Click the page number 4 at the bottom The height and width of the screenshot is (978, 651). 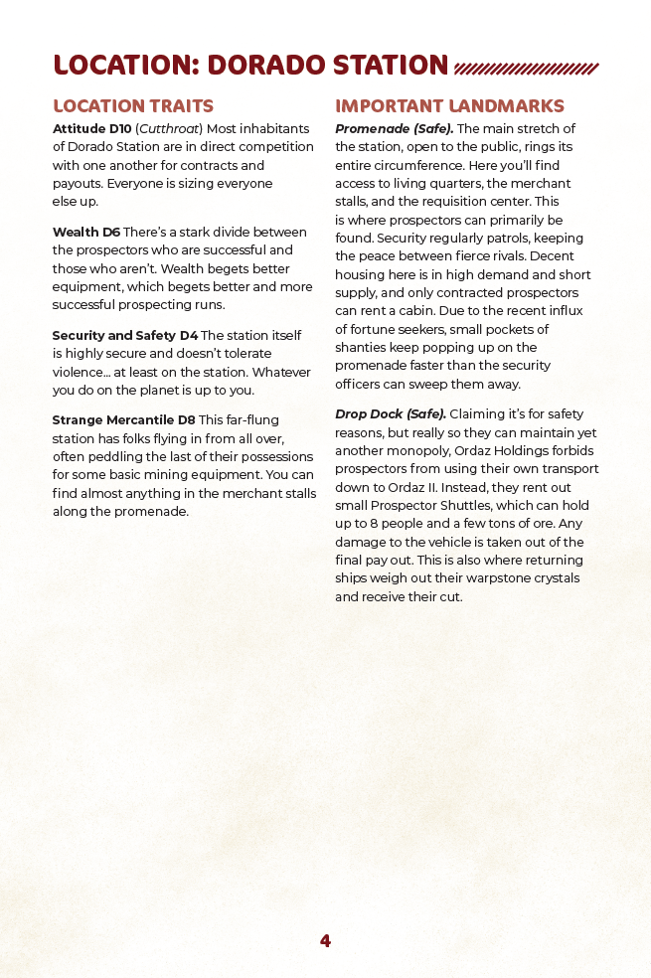coord(325,941)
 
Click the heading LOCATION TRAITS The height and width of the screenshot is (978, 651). coord(133,106)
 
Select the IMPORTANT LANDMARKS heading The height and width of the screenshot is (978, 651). coord(449,106)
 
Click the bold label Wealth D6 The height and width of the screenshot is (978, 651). coord(86,233)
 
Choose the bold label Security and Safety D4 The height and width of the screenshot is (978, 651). coord(125,336)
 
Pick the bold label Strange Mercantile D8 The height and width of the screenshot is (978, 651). coord(124,420)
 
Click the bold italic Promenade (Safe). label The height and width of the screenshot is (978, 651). coord(395,129)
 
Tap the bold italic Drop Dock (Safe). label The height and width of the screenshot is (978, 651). coord(391,413)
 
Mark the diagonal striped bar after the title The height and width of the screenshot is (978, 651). coord(526,69)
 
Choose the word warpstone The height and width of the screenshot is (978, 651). coord(497,578)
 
